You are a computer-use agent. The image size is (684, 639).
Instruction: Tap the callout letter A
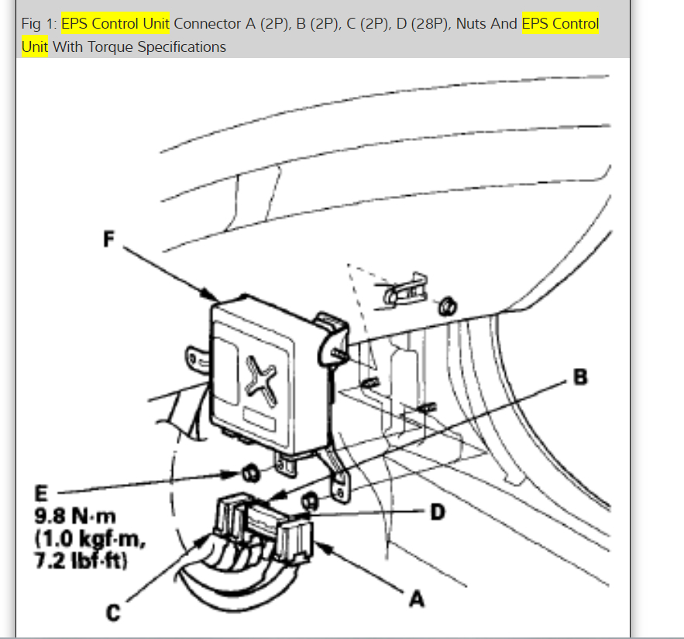tap(416, 599)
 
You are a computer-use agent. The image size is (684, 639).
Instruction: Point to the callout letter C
tap(114, 613)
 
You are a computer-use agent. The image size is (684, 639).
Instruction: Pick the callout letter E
tap(40, 493)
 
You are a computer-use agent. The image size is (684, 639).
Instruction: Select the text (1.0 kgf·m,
tap(79, 535)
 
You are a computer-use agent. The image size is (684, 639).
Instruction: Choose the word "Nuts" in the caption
tap(474, 23)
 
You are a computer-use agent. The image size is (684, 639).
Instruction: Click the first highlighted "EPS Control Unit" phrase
tap(115, 23)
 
